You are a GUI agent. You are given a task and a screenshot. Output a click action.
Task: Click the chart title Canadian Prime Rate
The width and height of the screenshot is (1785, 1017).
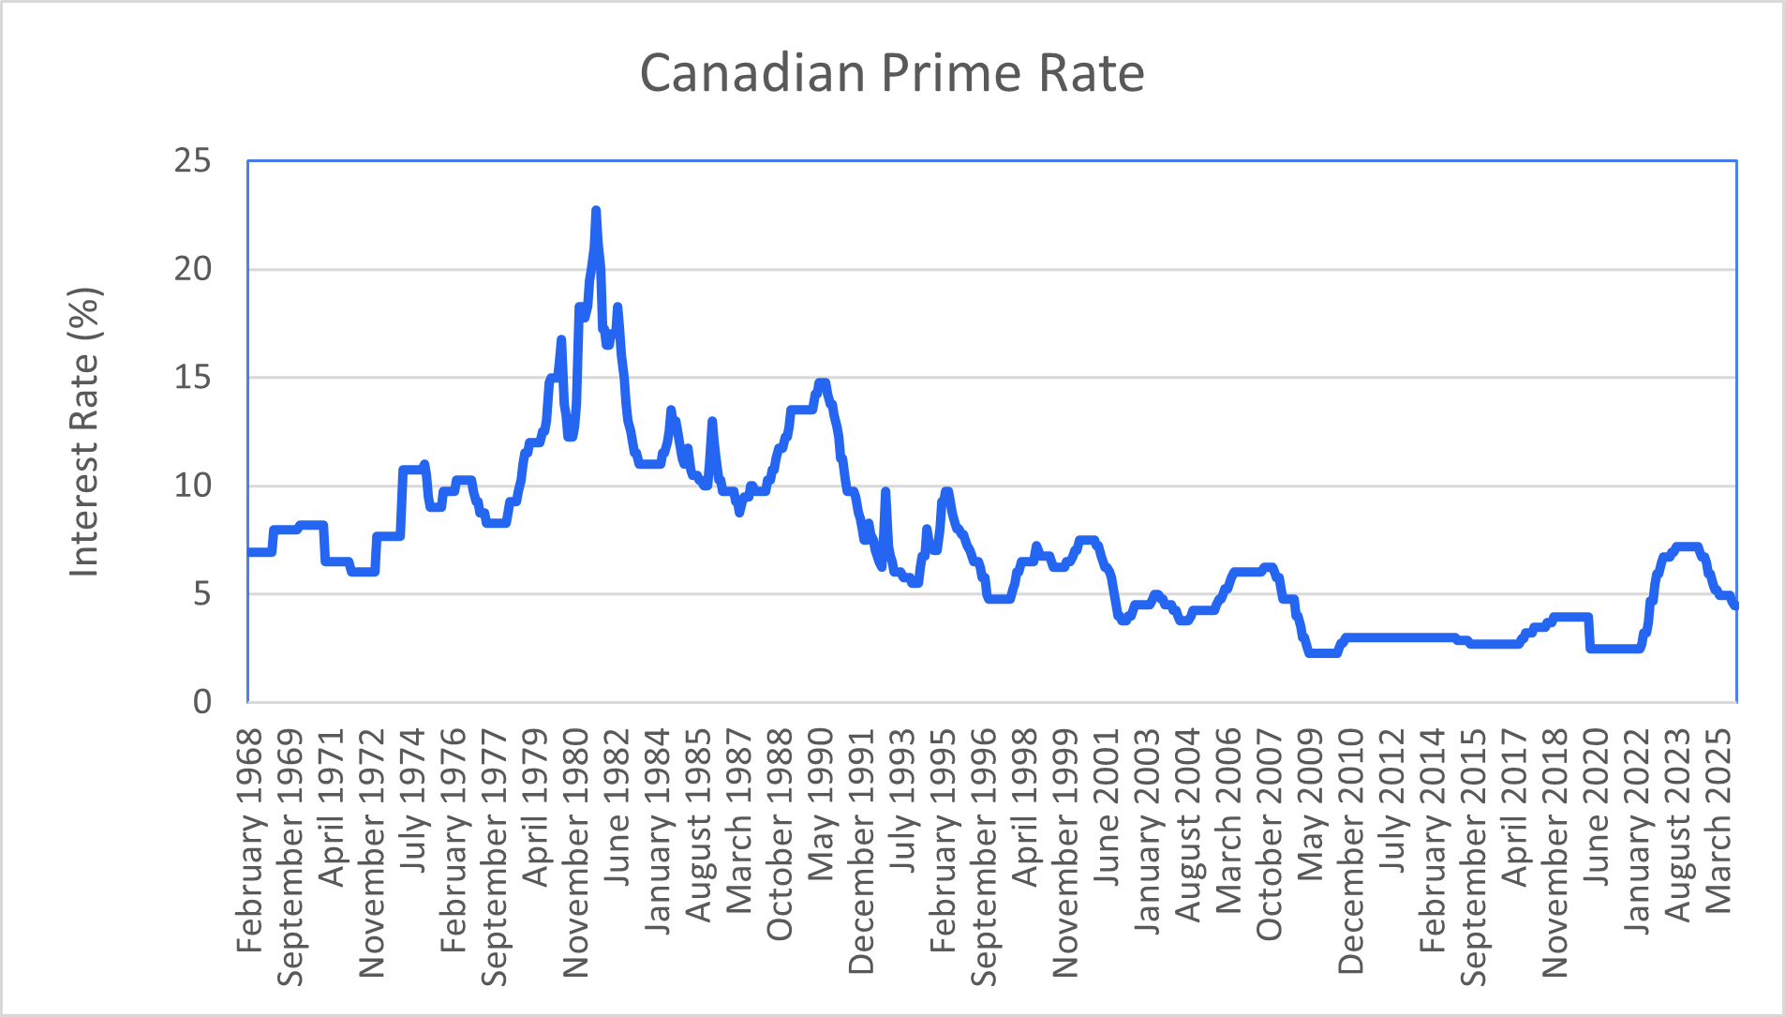coord(891,73)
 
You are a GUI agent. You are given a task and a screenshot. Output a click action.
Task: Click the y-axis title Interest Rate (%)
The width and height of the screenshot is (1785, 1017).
coord(84,432)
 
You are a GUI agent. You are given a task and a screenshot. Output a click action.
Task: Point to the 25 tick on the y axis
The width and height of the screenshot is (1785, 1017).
coord(192,161)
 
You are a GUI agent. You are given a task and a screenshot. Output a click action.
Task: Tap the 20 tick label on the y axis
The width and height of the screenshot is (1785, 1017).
coord(192,270)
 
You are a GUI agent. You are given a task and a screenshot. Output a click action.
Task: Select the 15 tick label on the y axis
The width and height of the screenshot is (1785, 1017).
coord(192,378)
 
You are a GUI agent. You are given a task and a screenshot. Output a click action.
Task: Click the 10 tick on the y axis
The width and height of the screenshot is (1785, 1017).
coord(192,486)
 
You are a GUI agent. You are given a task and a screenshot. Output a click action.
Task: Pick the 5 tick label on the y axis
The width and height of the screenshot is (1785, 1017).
coord(201,594)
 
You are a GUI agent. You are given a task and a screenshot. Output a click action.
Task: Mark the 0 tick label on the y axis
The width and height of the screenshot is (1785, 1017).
coord(201,702)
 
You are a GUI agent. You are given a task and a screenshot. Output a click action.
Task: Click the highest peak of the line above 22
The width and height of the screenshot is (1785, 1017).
coord(595,212)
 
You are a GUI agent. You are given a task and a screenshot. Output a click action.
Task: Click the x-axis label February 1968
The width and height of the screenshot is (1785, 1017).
coord(249,841)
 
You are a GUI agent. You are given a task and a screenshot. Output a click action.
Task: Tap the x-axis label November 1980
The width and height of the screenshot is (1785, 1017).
coord(575,853)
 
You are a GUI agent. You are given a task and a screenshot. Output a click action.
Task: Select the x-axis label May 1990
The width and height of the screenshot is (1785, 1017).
coord(821,805)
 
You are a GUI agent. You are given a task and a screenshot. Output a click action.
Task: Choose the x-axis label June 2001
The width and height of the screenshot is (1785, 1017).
coord(1107,809)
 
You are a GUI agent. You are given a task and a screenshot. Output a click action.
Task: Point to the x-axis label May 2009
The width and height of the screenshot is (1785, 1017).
coord(1310,805)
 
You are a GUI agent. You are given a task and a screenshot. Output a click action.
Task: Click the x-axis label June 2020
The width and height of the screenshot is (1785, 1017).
coord(1596,808)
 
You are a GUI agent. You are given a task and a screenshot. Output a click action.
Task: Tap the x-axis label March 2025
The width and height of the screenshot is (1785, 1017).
coord(1718,821)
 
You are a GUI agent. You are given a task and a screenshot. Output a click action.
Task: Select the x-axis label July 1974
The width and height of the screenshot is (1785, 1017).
coord(412,801)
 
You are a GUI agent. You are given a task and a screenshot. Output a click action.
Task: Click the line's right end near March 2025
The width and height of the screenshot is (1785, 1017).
coord(1735,606)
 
